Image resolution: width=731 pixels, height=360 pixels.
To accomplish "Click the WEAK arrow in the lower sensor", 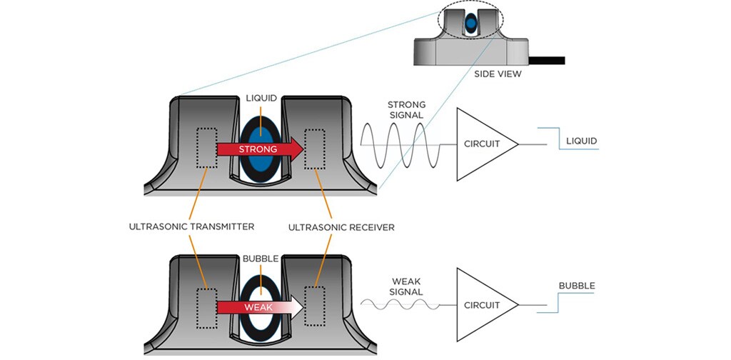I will coord(257,306).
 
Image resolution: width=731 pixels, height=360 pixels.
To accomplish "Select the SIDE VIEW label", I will coord(496,73).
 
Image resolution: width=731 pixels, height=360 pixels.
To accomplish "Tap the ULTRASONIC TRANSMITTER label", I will coord(191,227).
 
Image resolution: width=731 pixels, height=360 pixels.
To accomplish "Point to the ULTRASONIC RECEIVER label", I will coord(341,227).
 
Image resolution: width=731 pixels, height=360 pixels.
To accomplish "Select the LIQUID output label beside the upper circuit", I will coord(581,141).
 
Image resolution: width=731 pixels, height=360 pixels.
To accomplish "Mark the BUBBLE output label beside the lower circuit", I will coord(577,286).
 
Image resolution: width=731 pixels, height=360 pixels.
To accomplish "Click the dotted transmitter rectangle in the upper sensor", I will coord(206,148).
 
